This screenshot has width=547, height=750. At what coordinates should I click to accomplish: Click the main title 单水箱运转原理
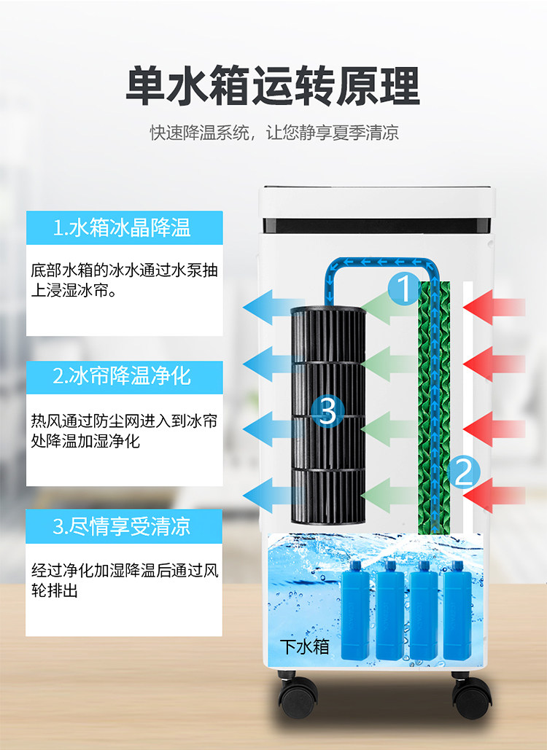[273, 86]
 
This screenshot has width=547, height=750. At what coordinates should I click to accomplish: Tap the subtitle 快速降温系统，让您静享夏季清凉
[274, 133]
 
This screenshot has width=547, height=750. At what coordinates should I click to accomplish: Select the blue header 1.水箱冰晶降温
[124, 227]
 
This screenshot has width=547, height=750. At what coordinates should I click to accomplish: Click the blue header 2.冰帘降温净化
[124, 376]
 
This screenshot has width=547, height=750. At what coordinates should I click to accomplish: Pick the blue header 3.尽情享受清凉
[124, 526]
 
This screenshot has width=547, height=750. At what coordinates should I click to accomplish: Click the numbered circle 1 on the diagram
[403, 288]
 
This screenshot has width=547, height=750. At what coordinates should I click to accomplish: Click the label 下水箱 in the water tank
[305, 646]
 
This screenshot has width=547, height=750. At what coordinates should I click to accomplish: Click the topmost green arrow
[387, 305]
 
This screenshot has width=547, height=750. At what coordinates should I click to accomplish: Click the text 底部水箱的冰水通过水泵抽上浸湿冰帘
[124, 280]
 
